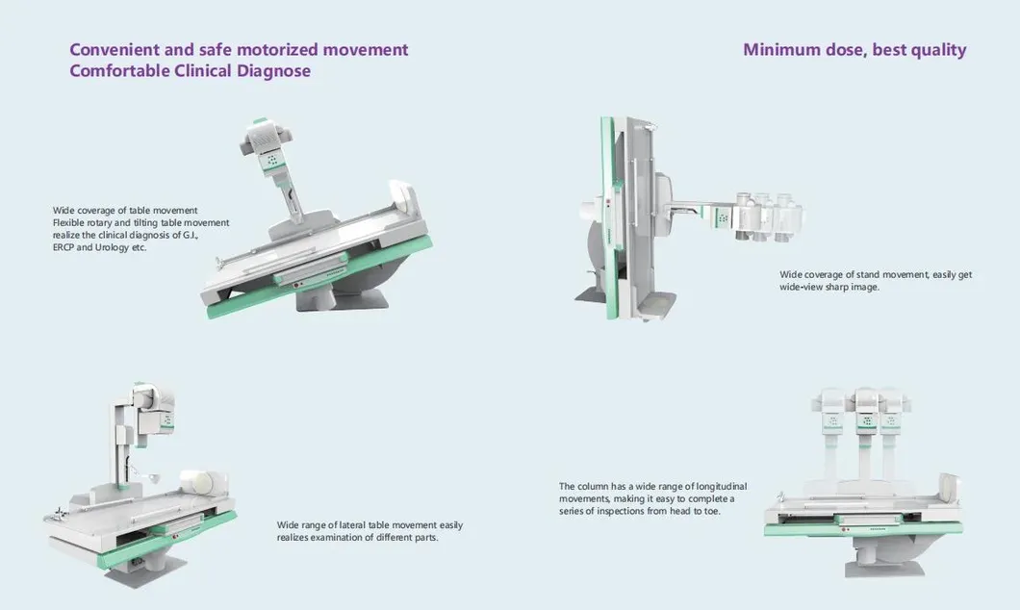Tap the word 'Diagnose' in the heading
[271, 71]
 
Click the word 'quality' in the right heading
[935, 50]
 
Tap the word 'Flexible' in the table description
[69, 222]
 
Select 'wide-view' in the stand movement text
[801, 287]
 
